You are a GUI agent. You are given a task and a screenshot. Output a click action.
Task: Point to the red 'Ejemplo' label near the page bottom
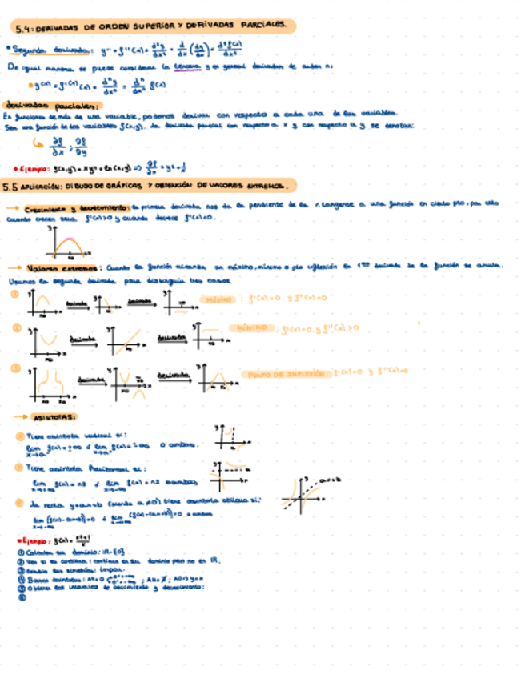click(x=34, y=540)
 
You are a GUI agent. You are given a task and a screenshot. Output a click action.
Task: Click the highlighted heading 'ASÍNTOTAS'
click(x=55, y=418)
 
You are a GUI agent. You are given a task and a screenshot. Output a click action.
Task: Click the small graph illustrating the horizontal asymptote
click(x=231, y=477)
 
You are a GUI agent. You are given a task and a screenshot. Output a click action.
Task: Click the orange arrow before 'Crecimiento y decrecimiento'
click(x=14, y=206)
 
